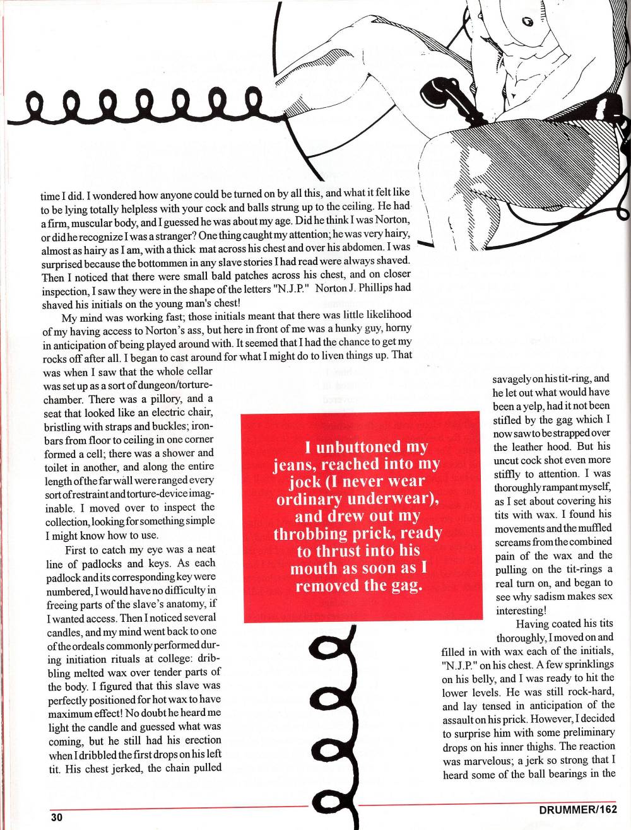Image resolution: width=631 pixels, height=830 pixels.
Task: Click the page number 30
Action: (x=57, y=816)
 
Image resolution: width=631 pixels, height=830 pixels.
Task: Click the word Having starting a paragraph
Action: (x=534, y=624)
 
